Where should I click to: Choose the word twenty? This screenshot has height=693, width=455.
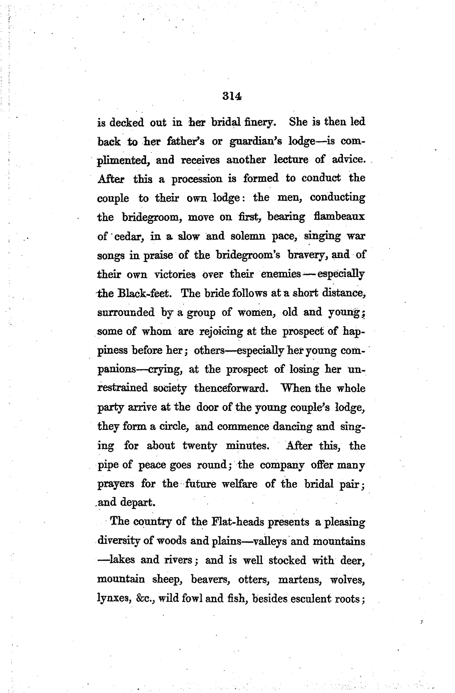(x=200, y=446)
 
